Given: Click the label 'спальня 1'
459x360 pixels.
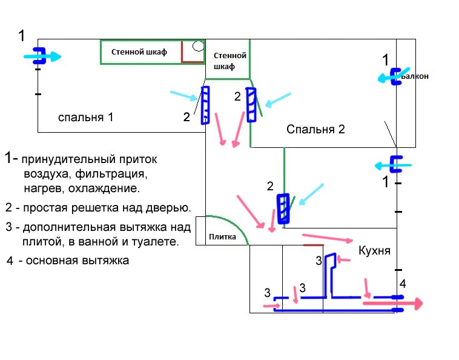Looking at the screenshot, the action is [x=85, y=118].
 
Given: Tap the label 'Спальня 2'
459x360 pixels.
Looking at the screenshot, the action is [x=315, y=129].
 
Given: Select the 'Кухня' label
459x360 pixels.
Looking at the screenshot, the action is [x=374, y=251].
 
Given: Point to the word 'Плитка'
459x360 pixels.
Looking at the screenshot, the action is [x=222, y=237].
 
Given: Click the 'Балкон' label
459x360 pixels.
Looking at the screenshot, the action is [x=415, y=76].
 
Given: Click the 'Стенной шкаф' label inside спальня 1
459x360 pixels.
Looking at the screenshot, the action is [x=139, y=52].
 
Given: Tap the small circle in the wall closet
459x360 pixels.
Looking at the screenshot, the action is [x=198, y=46].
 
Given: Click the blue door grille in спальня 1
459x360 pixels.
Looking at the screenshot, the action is [x=205, y=105].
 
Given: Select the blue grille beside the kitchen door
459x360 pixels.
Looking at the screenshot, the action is [x=283, y=208].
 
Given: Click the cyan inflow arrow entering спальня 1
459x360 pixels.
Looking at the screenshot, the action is [x=42, y=56].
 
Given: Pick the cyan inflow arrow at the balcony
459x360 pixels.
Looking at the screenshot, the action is [x=393, y=76].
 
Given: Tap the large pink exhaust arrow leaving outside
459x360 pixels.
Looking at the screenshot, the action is [x=393, y=304].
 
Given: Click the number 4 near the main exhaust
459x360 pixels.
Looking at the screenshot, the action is [x=403, y=284].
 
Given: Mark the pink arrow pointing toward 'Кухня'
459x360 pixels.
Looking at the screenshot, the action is [x=328, y=238].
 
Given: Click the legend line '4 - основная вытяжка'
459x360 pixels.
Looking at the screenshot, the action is [x=68, y=261].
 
